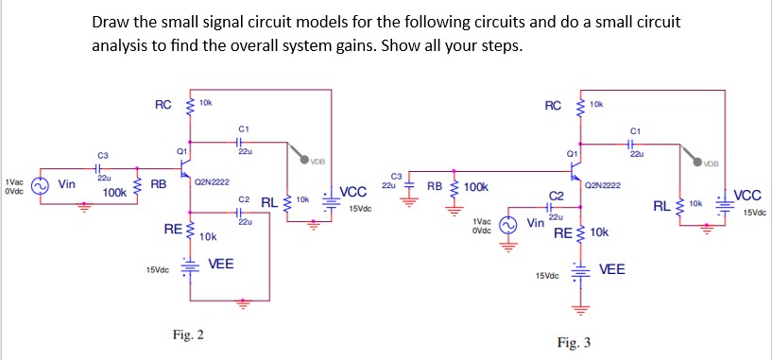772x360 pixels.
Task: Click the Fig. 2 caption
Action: pos(188,334)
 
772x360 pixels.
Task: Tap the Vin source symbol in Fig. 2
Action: pos(39,186)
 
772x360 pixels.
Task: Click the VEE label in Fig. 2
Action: pos(221,263)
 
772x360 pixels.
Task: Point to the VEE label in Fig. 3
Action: pos(613,269)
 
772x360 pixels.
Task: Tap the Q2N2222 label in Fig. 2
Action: pos(215,181)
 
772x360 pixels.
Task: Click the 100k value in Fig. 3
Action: pos(476,187)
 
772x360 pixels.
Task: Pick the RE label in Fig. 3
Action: pos(564,231)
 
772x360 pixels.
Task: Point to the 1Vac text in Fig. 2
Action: pos(13,180)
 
